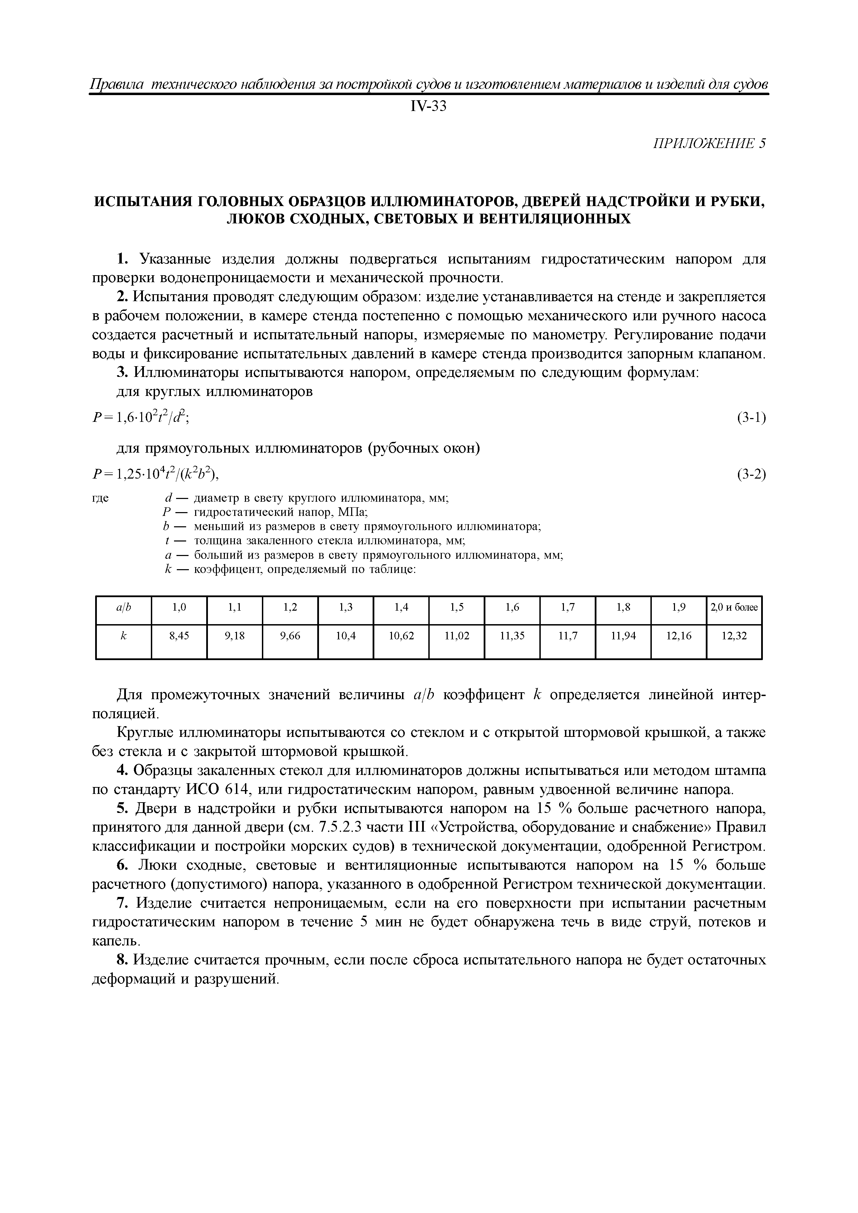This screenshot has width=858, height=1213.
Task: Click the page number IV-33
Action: pyautogui.click(x=428, y=107)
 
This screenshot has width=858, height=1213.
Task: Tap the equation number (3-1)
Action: pyautogui.click(x=751, y=418)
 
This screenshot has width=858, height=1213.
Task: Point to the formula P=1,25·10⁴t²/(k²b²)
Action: pyautogui.click(x=155, y=474)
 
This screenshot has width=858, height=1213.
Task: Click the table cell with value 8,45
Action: pyautogui.click(x=179, y=636)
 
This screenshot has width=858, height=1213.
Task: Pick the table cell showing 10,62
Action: pyautogui.click(x=401, y=636)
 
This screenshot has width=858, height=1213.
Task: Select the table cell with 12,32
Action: pyautogui.click(x=734, y=636)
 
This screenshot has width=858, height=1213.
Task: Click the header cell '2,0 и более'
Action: pyautogui.click(x=734, y=608)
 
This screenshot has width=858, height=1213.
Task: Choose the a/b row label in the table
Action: pyautogui.click(x=124, y=608)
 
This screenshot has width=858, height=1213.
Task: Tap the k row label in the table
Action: pyautogui.click(x=124, y=636)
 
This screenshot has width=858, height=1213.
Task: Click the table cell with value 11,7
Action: pyautogui.click(x=568, y=636)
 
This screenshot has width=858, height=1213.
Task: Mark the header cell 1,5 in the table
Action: pyautogui.click(x=457, y=608)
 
